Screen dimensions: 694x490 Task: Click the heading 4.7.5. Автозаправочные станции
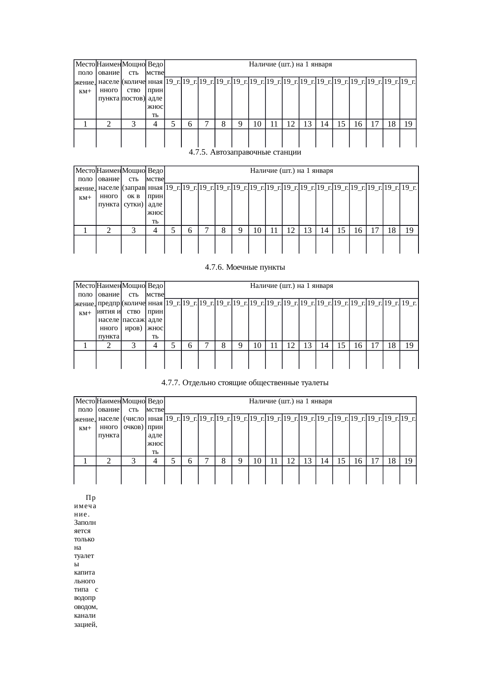coord(245,152)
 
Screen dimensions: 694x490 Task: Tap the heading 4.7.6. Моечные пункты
coord(245,267)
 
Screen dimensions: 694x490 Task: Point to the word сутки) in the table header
coord(134,204)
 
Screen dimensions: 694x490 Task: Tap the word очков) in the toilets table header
coord(134,427)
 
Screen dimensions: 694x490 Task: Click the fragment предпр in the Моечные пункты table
coord(109,303)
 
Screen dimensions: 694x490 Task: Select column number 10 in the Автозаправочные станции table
coord(257,230)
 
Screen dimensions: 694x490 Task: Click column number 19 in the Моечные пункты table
coord(409,345)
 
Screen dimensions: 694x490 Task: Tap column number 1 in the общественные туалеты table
coord(85,461)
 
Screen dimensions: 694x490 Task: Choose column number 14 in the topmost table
coord(324,124)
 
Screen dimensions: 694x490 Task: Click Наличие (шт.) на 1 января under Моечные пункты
coord(292,286)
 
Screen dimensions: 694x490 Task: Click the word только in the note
coord(84,539)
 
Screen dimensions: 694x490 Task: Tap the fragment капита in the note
coord(84,573)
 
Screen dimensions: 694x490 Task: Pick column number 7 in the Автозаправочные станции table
coord(207,230)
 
